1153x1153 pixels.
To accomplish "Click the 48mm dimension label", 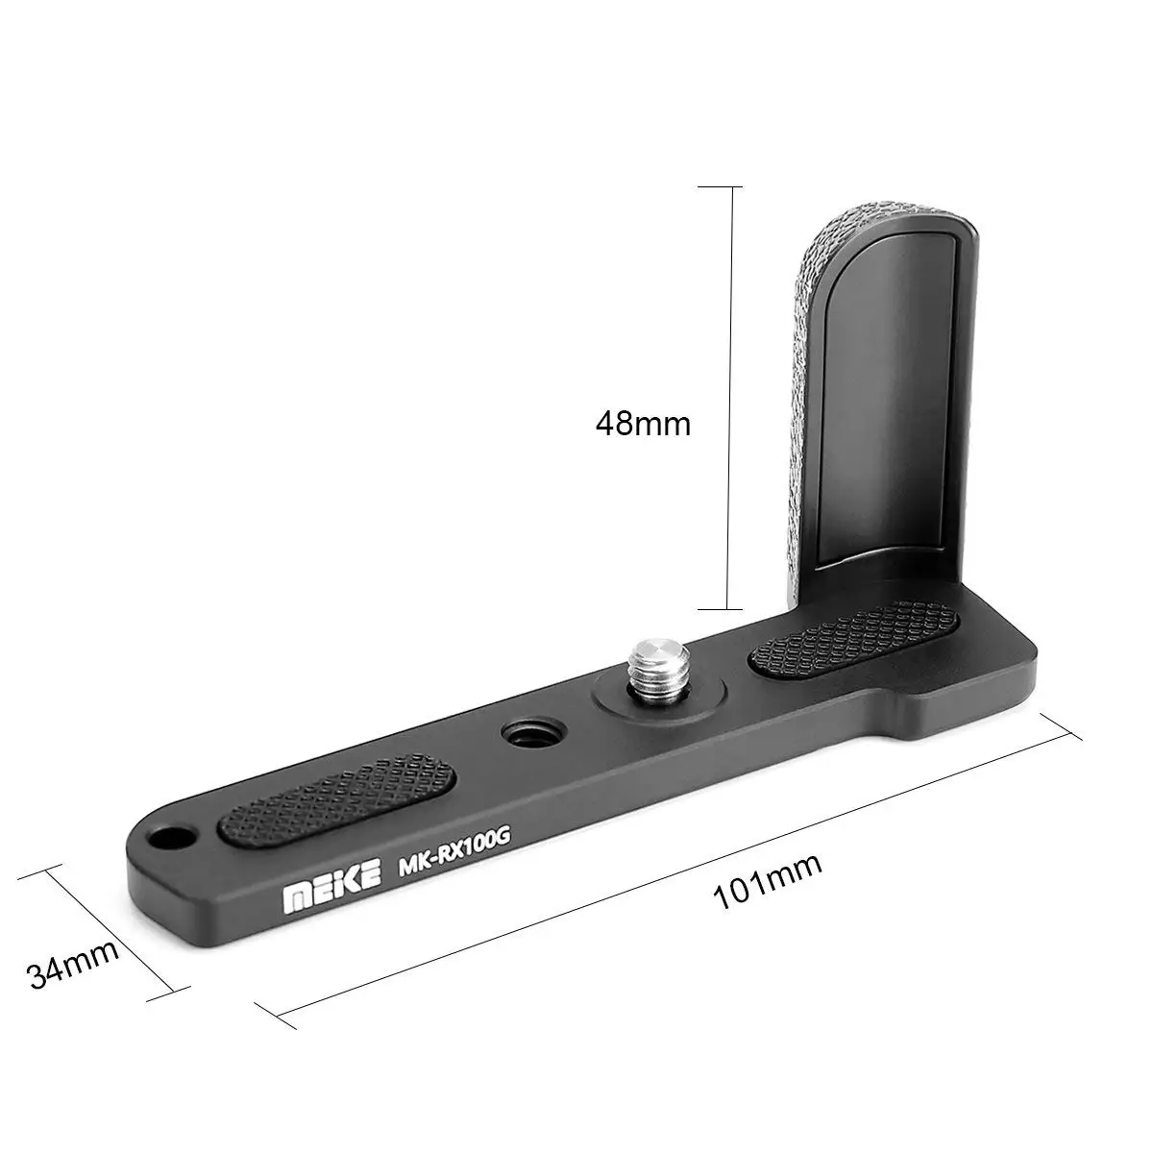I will tap(643, 423).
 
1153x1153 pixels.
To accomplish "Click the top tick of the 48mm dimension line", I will tap(733, 186).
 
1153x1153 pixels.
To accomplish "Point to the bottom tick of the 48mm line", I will tap(733, 609).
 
